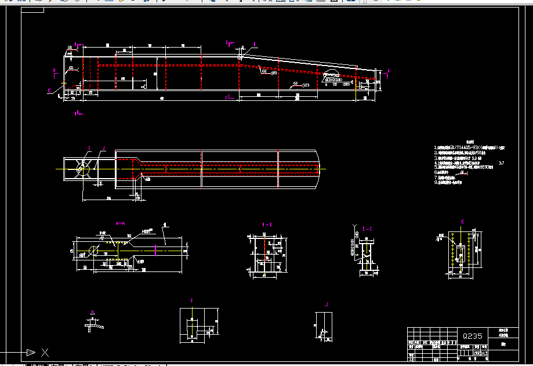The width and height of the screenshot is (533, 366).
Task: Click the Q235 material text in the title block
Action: coord(472,336)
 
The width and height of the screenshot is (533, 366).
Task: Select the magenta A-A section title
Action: coord(121,223)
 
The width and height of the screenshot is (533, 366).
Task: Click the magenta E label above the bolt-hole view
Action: coord(462,222)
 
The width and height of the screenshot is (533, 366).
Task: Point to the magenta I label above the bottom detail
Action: coord(192,300)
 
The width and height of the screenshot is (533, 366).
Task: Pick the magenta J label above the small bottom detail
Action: coord(327,304)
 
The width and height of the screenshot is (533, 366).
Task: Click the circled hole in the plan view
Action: coord(83,166)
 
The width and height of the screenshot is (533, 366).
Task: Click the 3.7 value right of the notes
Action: coord(501,164)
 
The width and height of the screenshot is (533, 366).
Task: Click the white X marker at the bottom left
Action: coord(45,352)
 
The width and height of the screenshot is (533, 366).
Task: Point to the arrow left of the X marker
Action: coord(28,352)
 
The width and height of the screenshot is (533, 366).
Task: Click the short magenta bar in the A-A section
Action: coord(158,250)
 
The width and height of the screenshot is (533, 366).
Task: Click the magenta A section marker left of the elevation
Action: coord(55,70)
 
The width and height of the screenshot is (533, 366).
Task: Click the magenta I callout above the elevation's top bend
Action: coord(254,44)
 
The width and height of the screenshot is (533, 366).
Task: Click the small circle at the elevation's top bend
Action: coord(240,57)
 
